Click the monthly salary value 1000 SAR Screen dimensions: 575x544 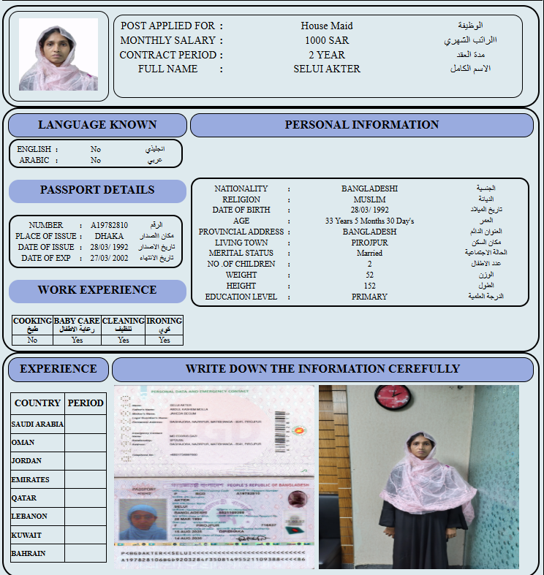click(x=327, y=40)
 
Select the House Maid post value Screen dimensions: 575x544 click(x=327, y=26)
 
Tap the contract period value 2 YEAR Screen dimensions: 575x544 click(x=327, y=55)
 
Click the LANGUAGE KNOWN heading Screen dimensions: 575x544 click(x=97, y=125)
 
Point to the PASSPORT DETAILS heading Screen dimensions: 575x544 click(x=97, y=190)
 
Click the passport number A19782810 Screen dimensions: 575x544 click(x=110, y=225)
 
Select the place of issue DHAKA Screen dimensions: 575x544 click(x=109, y=236)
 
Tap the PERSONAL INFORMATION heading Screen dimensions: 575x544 click(x=362, y=125)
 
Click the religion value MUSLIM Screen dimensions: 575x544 click(x=369, y=199)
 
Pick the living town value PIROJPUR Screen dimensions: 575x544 click(x=369, y=243)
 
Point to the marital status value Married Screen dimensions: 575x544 click(x=369, y=253)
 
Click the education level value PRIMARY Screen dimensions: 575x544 click(x=369, y=297)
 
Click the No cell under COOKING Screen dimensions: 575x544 click(x=33, y=340)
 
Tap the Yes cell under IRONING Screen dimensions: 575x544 click(x=165, y=340)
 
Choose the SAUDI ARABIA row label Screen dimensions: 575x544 click(x=38, y=424)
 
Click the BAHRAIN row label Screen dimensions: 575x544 click(x=29, y=554)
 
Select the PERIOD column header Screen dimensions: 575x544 click(x=86, y=403)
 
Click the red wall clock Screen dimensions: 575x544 click(x=393, y=397)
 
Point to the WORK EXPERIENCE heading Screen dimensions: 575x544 click(x=97, y=290)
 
